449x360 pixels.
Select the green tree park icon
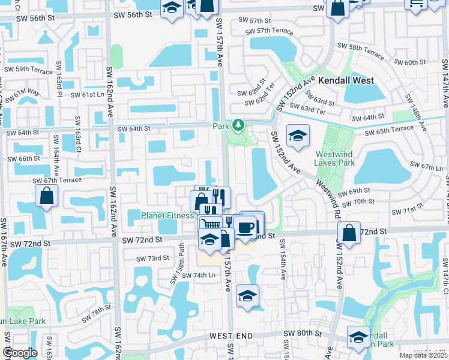(239, 125)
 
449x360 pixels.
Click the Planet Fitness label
(167, 215)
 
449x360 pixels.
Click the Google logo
(20, 353)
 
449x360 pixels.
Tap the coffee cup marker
(245, 227)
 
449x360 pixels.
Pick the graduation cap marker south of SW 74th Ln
(247, 296)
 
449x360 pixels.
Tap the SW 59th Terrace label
(28, 70)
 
